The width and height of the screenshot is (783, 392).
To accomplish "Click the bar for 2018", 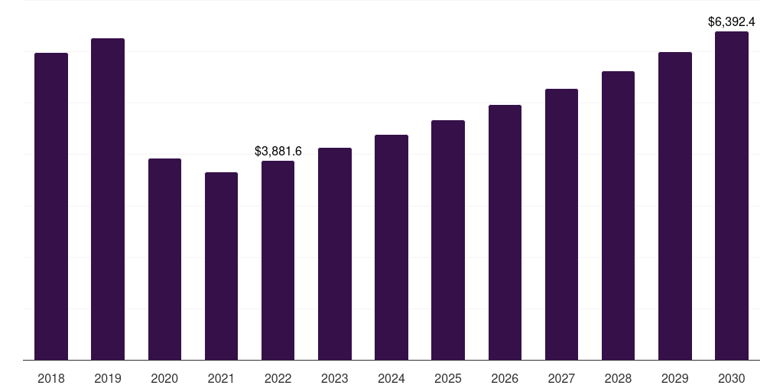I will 51,207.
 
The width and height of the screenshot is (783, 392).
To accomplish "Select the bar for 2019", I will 108,199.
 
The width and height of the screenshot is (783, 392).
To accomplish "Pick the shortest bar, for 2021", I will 221,266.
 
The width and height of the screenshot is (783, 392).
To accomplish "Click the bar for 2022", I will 278,260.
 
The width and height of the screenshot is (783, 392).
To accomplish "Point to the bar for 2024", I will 391,247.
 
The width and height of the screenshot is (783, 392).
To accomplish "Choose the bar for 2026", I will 505,232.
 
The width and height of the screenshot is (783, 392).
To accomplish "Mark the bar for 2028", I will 618,215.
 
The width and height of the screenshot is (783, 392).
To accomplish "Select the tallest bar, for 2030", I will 731,195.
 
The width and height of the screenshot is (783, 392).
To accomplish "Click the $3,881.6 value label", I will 278,152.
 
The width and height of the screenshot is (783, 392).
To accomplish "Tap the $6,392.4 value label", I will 732,21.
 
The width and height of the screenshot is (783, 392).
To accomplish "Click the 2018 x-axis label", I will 51,378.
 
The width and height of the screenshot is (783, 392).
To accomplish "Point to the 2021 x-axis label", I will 221,378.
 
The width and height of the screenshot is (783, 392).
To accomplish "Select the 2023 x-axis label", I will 335,378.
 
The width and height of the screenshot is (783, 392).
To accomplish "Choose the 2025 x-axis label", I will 448,378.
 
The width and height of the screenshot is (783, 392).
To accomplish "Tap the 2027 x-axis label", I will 561,378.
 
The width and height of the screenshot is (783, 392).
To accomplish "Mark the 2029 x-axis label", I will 674,378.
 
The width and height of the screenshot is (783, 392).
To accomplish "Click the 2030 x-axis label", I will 731,378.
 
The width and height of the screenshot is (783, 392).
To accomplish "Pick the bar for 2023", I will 335,253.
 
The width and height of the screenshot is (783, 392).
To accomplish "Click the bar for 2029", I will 674,206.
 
